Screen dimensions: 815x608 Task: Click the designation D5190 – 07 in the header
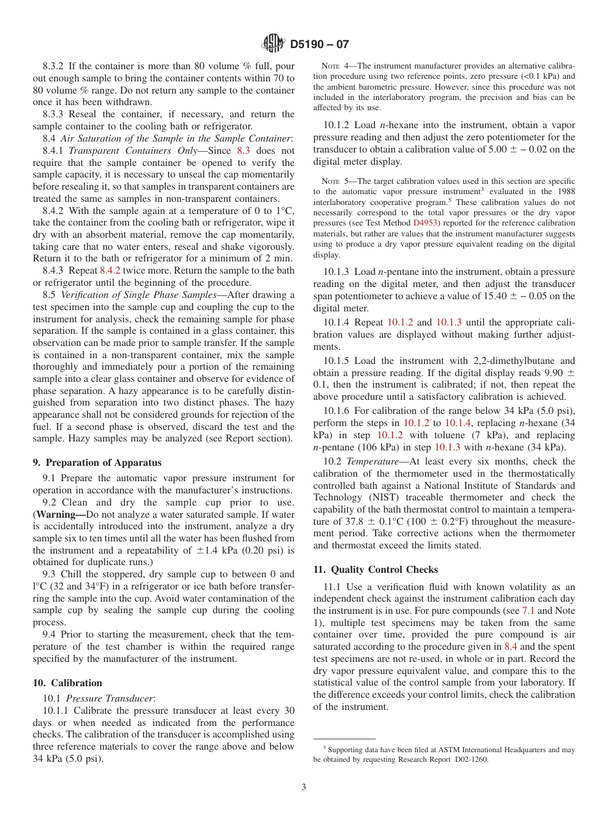pos(319,45)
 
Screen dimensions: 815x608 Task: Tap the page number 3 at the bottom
pos(304,787)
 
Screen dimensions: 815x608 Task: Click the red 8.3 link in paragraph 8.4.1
pos(243,151)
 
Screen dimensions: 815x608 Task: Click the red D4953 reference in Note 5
pos(426,223)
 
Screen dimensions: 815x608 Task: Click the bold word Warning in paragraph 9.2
pos(59,515)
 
